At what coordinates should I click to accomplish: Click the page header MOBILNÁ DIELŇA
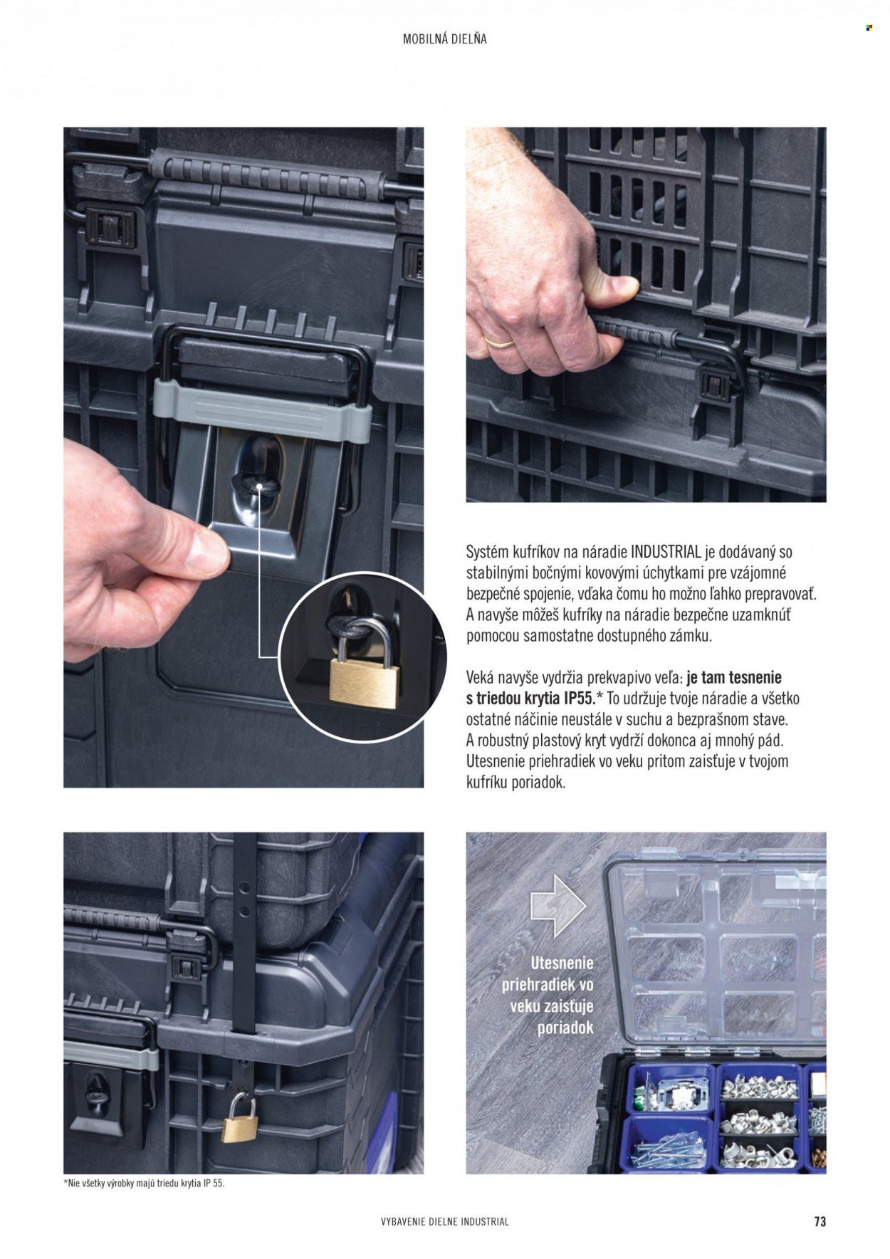pos(444,39)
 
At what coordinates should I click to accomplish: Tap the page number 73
pos(820,1221)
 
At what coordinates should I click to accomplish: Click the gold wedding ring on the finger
pos(498,341)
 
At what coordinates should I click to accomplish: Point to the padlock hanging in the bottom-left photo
pos(239,1119)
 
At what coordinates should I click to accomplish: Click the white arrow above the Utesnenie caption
pos(558,906)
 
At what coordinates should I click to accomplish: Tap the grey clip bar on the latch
pos(261,411)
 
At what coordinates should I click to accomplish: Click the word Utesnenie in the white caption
pos(562,963)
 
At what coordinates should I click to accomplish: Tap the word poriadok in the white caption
pos(565,1028)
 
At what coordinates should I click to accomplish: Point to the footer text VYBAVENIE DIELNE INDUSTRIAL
pos(445,1222)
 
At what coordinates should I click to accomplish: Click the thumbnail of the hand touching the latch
pos(244,457)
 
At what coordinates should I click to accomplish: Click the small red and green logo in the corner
pos(869,28)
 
